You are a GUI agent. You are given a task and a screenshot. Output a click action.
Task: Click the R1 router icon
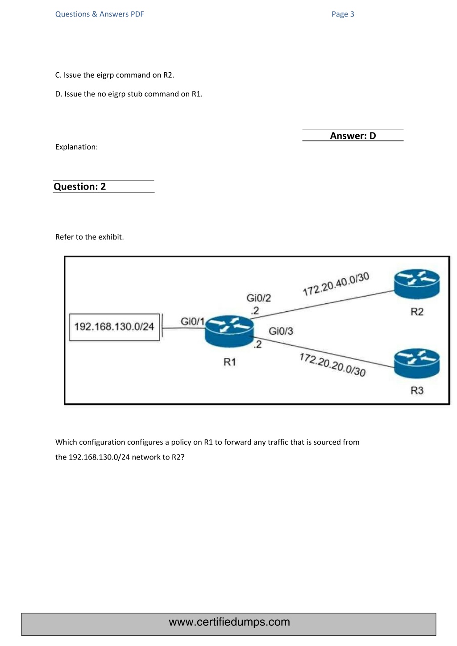229,331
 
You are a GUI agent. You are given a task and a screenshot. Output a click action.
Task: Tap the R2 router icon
416,284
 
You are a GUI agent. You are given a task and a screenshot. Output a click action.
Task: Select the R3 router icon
416,363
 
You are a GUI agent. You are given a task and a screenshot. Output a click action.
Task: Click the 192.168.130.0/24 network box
114,327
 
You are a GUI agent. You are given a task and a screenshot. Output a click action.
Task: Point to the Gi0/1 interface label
192,321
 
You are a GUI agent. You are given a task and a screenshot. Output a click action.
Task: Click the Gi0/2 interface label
258,298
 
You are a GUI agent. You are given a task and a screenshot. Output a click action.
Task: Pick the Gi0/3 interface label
281,331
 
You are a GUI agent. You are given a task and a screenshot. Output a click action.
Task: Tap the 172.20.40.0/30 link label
336,284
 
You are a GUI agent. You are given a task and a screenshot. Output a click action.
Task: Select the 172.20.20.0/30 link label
332,364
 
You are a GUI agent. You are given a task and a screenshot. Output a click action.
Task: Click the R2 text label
417,312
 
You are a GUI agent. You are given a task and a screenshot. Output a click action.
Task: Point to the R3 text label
417,391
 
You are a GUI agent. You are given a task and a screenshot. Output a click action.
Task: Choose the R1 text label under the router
229,362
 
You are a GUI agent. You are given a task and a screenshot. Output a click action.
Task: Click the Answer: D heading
353,136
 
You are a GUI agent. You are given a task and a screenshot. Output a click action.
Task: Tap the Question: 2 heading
80,186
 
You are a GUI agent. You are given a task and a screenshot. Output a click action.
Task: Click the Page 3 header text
343,14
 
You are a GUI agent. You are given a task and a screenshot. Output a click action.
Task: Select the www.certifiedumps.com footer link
229,622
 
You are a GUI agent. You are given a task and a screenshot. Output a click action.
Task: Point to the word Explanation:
76,147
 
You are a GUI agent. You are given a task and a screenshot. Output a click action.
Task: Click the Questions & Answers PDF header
100,14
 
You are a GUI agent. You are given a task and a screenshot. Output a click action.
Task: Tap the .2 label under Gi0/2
255,311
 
